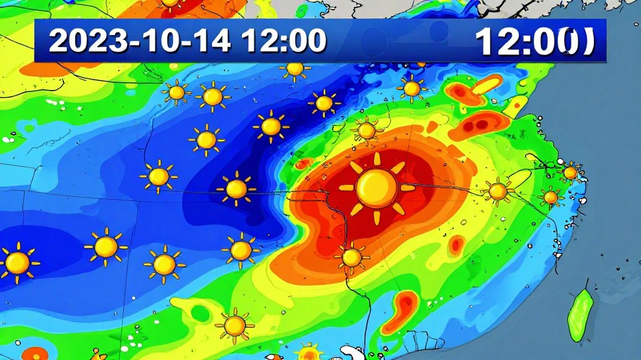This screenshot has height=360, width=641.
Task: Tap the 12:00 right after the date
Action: pyautogui.click(x=283, y=41)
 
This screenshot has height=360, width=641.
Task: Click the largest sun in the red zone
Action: pyautogui.click(x=377, y=187)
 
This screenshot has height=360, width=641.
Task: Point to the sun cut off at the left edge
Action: pyautogui.click(x=15, y=262)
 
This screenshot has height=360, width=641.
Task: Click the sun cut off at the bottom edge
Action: pyautogui.click(x=309, y=352)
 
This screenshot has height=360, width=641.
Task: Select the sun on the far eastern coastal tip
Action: pyautogui.click(x=570, y=172)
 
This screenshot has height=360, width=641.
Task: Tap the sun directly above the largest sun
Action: pyautogui.click(x=366, y=130)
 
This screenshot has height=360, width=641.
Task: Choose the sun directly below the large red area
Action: pyautogui.click(x=351, y=257)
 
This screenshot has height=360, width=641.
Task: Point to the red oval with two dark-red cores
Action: pyautogui.click(x=480, y=125)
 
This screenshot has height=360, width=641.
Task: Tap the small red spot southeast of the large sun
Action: pyautogui.click(x=457, y=245)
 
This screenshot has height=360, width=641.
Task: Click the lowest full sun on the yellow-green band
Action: pyautogui.click(x=235, y=326)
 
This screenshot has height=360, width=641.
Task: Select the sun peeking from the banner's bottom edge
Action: pyautogui.click(x=295, y=68)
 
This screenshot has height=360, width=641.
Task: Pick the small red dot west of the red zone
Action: pyautogui.click(x=303, y=165)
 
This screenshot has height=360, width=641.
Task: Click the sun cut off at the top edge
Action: pyautogui.click(x=171, y=4)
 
